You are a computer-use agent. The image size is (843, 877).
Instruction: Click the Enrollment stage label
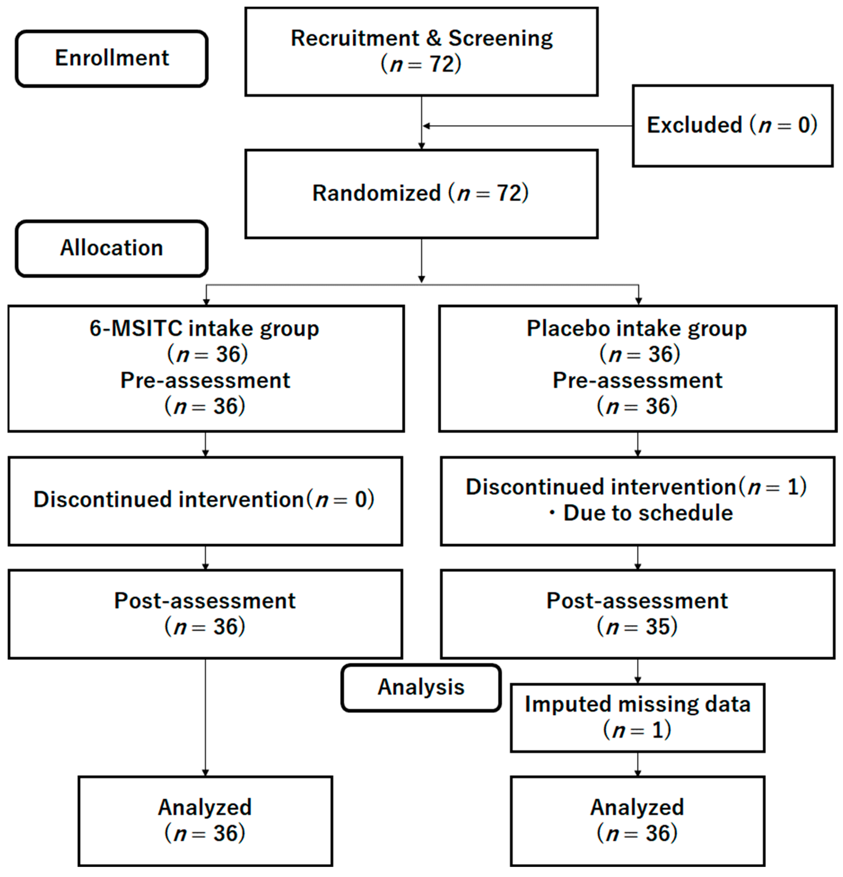pyautogui.click(x=112, y=58)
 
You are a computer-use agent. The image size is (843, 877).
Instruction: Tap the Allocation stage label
pyautogui.click(x=112, y=248)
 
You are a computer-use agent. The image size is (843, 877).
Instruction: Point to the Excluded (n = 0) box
pyautogui.click(x=732, y=125)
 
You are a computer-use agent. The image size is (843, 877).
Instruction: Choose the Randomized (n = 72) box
pyautogui.click(x=421, y=193)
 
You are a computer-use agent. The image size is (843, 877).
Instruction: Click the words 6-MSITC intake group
pyautogui.click(x=204, y=329)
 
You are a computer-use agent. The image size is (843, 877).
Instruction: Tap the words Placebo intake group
pyautogui.click(x=637, y=329)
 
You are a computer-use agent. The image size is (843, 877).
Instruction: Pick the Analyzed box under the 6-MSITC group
pyautogui.click(x=205, y=821)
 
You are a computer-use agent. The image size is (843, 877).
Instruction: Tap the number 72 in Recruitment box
pyautogui.click(x=442, y=64)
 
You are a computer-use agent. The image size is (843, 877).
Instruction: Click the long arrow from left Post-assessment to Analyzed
pyautogui.click(x=205, y=716)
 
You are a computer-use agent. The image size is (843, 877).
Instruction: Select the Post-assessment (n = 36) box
pyautogui.click(x=205, y=614)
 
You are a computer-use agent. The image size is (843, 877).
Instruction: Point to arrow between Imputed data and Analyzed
pyautogui.click(x=638, y=764)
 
